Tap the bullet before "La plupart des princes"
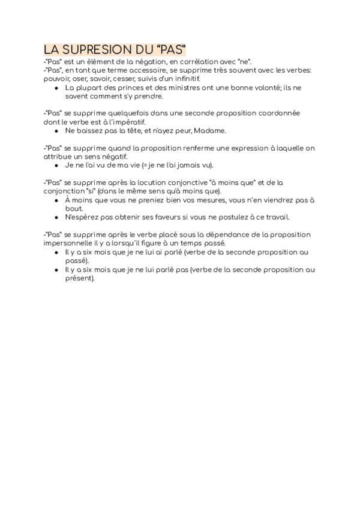(x=56, y=88)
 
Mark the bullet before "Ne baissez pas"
(x=56, y=131)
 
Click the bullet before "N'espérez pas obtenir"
(x=56, y=217)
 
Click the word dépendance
(x=206, y=235)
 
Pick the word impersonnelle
(x=76, y=243)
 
